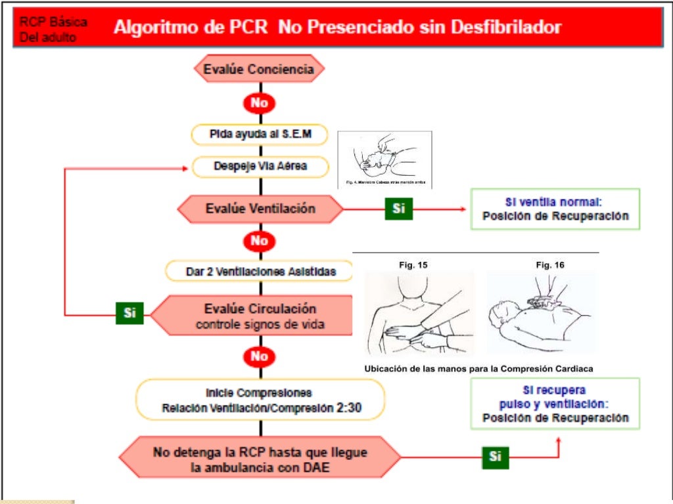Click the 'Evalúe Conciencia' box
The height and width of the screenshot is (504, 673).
[259, 69]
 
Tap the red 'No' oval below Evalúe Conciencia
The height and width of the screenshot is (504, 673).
[259, 103]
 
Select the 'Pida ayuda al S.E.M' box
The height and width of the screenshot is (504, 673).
[260, 135]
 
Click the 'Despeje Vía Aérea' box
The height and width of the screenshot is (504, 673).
[260, 167]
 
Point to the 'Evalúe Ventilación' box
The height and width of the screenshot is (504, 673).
[260, 209]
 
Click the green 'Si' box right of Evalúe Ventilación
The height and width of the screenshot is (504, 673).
[398, 209]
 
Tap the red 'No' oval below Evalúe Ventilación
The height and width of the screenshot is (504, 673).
[259, 241]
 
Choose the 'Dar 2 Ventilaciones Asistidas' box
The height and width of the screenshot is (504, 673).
[260, 270]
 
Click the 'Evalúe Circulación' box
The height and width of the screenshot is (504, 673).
[260, 316]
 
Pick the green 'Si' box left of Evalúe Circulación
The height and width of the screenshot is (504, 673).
[129, 313]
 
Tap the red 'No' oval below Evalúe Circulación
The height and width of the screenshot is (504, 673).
[259, 356]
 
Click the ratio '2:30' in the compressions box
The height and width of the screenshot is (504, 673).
[348, 408]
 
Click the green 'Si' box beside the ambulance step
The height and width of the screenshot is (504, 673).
[495, 457]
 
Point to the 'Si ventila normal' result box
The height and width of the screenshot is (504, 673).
[555, 209]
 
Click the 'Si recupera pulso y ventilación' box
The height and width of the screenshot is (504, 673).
[555, 404]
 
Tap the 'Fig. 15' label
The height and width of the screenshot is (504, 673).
[414, 265]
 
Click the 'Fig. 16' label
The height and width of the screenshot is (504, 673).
[550, 265]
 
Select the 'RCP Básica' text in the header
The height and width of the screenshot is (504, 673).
[53, 22]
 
